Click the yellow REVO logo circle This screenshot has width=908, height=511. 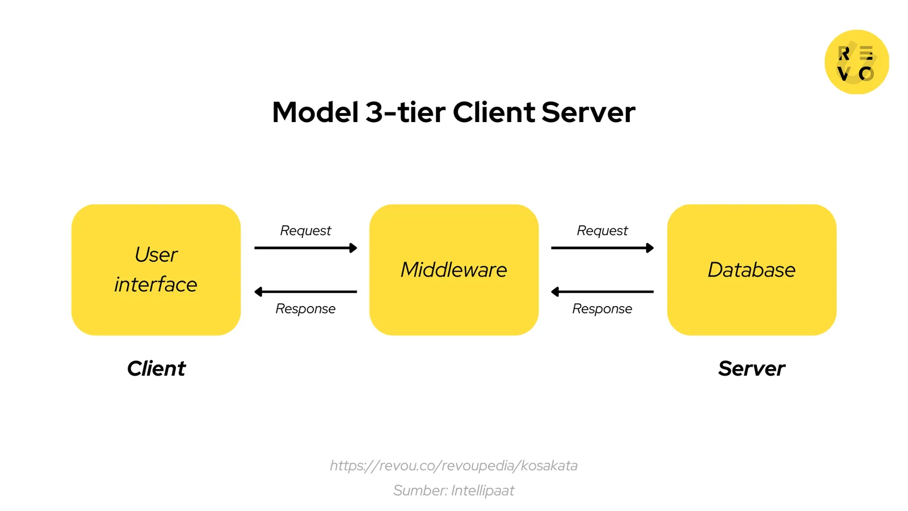(x=856, y=62)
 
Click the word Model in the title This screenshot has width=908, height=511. (x=316, y=112)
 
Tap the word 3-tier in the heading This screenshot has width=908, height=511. (x=405, y=112)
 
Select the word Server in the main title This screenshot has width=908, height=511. (x=588, y=112)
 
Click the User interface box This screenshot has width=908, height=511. (x=156, y=270)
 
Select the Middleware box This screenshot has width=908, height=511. (x=454, y=270)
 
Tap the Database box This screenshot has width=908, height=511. (x=751, y=270)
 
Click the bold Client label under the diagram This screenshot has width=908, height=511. (x=156, y=368)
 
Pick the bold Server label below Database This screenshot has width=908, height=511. (x=751, y=368)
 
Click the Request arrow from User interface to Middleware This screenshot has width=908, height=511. (x=305, y=248)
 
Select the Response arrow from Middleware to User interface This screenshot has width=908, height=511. (x=305, y=292)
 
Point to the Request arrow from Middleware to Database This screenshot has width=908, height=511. (x=602, y=248)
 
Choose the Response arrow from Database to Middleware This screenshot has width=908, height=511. (x=602, y=292)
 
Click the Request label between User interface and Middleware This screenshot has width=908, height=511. (x=305, y=231)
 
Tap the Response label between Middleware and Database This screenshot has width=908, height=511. (x=602, y=309)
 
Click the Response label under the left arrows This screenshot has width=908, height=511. (x=305, y=309)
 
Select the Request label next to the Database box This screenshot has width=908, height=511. (x=602, y=231)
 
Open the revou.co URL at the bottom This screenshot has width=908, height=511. (x=454, y=466)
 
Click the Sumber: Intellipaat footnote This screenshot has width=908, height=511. (x=454, y=491)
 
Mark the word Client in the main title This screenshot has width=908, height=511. (x=494, y=112)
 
